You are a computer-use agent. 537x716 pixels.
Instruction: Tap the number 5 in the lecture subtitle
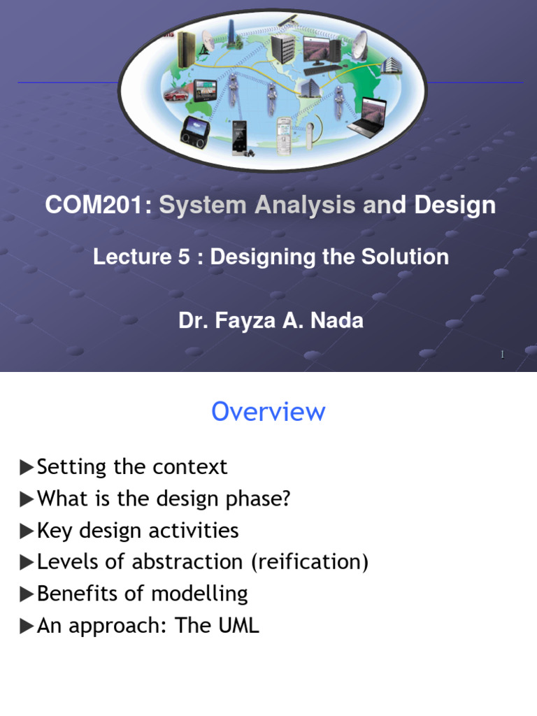point(183,257)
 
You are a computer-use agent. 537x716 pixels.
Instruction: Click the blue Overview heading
point(268,412)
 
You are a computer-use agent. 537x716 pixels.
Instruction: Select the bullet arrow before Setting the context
point(27,467)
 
